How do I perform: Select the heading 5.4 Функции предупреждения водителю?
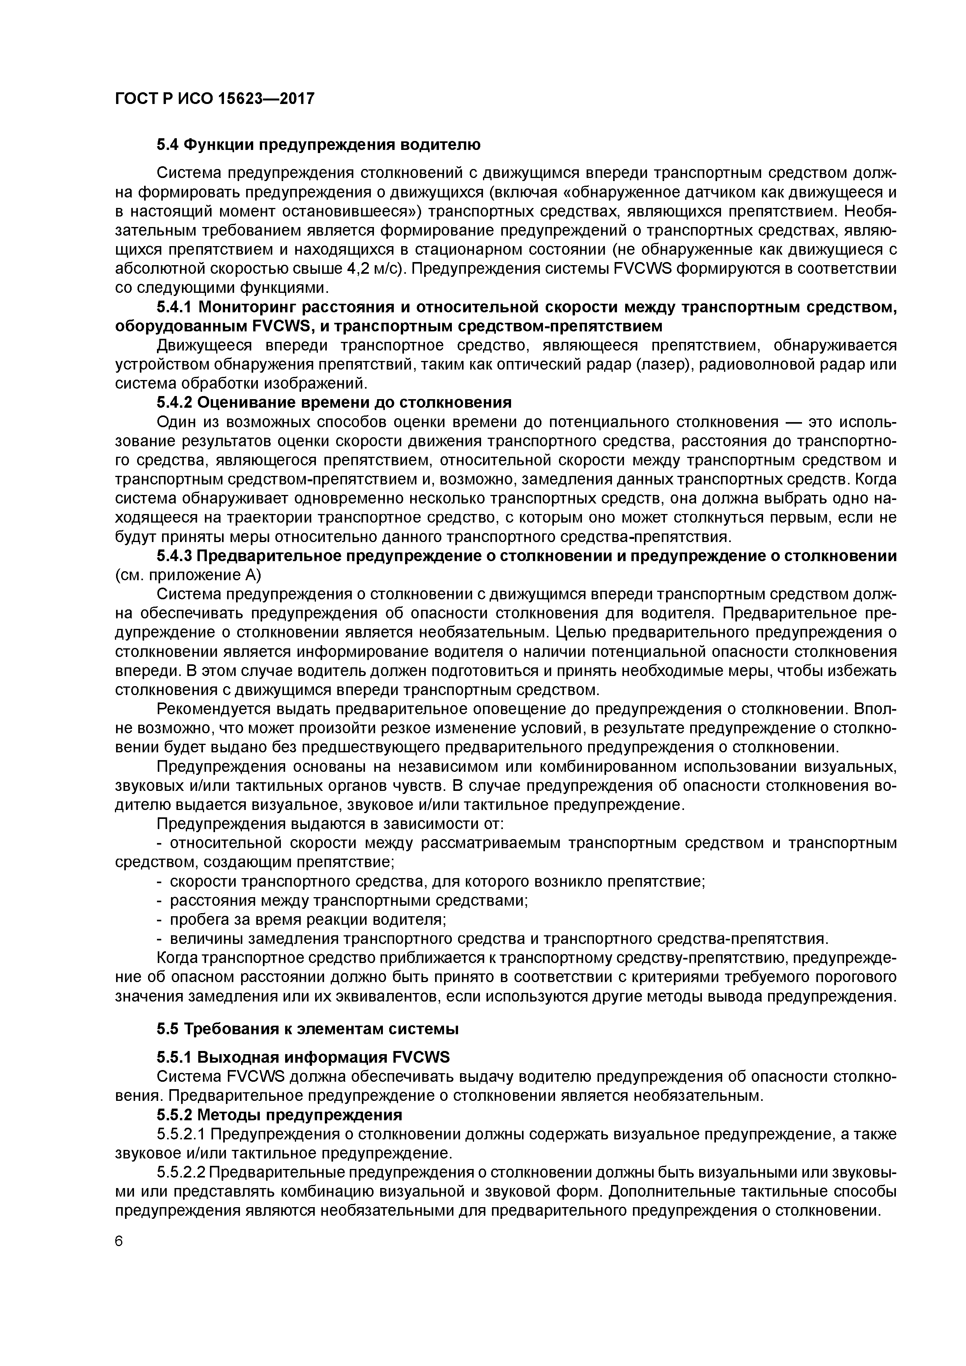pyautogui.click(x=318, y=144)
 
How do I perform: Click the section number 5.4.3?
pyautogui.click(x=175, y=556)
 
